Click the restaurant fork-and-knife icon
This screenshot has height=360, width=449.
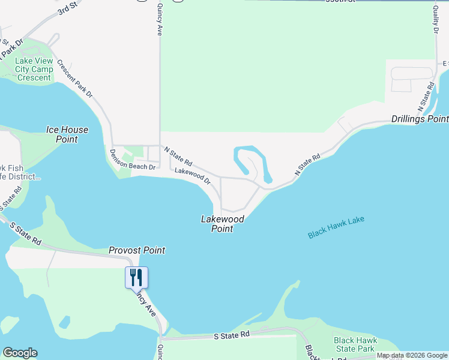(136, 277)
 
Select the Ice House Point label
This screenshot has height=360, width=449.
(67, 134)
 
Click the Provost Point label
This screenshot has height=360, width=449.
(137, 250)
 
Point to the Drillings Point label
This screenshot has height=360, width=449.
(420, 119)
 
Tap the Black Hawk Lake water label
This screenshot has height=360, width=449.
(336, 227)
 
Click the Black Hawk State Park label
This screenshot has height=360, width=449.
(355, 344)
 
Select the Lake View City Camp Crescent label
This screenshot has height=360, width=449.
(34, 69)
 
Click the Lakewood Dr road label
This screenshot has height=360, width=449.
(193, 175)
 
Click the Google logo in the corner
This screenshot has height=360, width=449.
(20, 353)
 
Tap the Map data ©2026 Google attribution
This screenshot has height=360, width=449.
(412, 355)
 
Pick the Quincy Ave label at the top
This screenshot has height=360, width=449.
(160, 20)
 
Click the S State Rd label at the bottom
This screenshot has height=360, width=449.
(232, 335)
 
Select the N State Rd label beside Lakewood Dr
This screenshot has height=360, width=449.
(178, 158)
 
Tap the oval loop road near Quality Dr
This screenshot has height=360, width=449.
(411, 73)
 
